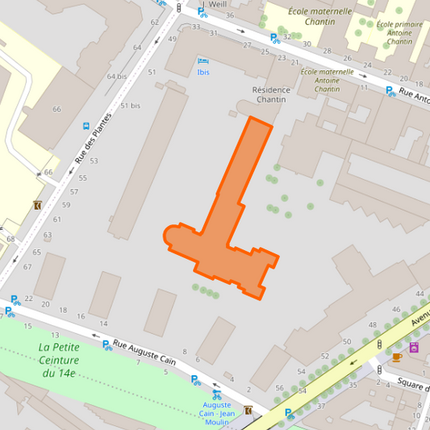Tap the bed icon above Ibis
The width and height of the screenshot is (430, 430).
tap(202, 61)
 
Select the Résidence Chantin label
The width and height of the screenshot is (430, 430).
tap(271, 94)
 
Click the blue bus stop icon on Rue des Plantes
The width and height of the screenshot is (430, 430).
tap(85, 126)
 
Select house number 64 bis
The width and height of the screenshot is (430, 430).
tap(117, 77)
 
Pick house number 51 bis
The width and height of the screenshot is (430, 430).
tap(130, 106)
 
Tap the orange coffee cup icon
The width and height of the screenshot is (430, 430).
tap(396, 357)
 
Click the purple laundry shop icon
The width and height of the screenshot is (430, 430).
tap(414, 348)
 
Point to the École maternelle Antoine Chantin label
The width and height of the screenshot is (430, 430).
tap(327, 80)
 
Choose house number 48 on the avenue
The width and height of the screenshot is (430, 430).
tap(374, 324)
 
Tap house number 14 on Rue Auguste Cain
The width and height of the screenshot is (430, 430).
tap(103, 324)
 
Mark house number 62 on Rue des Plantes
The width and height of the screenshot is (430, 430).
tap(154, 22)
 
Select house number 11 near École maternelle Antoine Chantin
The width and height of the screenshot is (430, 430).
tap(364, 87)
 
